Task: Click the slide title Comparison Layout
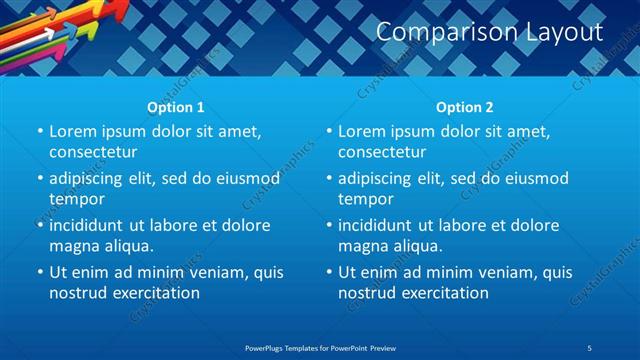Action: pos(489,32)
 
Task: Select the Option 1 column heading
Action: pos(176,107)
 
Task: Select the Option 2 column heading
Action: pos(465,107)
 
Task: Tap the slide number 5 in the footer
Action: pos(590,347)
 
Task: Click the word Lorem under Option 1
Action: pos(72,132)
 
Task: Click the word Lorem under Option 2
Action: pos(361,132)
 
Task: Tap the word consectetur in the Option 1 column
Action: pos(92,152)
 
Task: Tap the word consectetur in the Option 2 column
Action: pos(381,152)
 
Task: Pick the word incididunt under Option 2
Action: pos(379,226)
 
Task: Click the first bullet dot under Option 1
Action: pos(40,132)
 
